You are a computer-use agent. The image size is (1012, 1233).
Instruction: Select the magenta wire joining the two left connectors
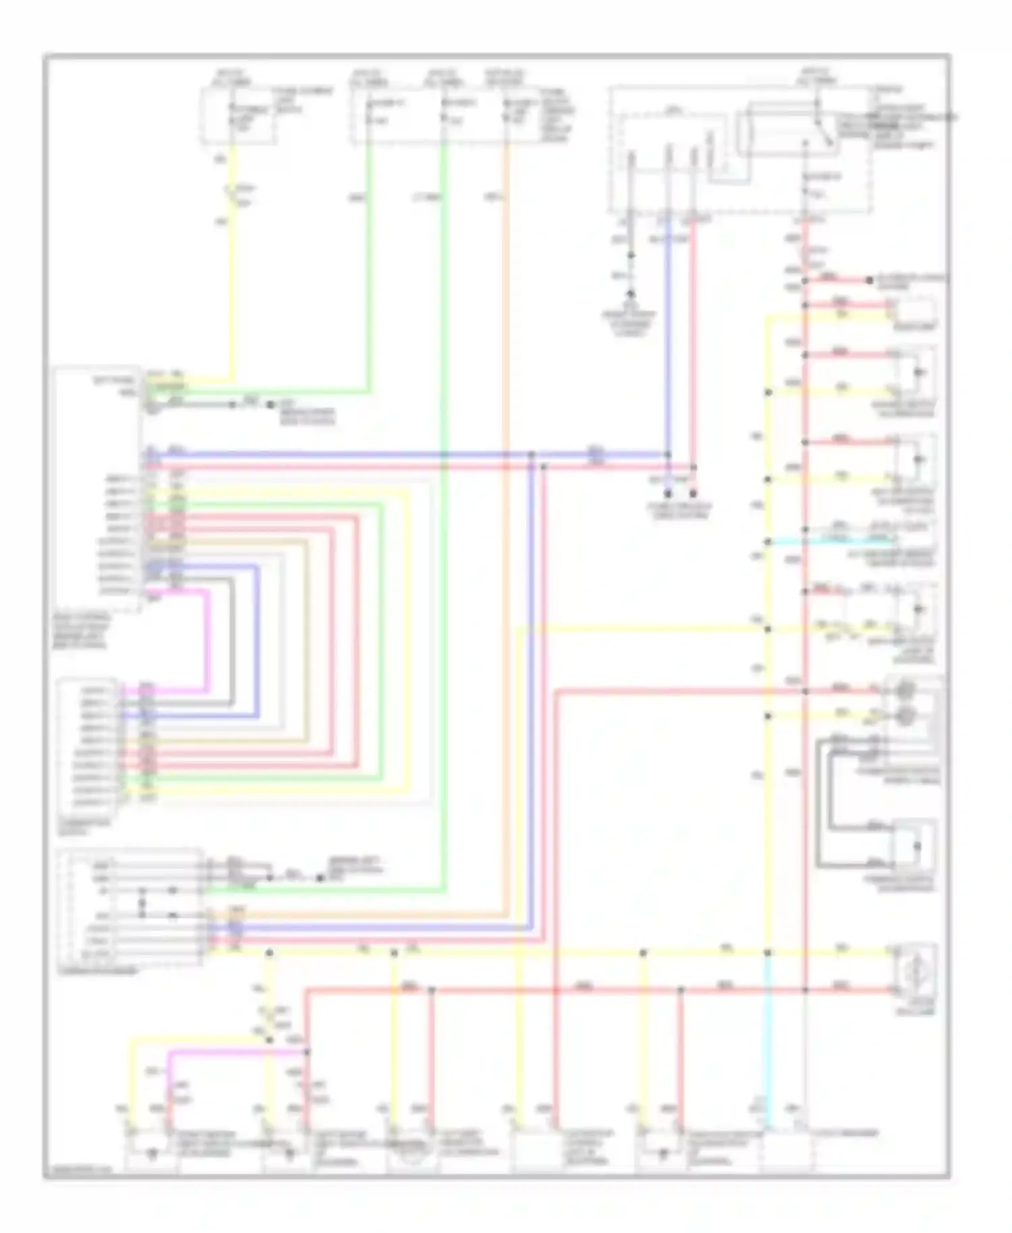206,641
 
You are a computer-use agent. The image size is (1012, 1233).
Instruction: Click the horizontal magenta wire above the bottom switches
236,1052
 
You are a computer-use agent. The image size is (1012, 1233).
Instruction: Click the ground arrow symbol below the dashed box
631,295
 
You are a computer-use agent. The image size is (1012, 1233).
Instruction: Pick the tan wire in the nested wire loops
307,641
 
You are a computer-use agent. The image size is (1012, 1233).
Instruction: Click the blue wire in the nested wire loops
257,641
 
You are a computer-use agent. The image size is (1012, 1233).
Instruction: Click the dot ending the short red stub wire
693,494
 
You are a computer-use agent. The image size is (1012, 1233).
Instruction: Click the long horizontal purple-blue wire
405,455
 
